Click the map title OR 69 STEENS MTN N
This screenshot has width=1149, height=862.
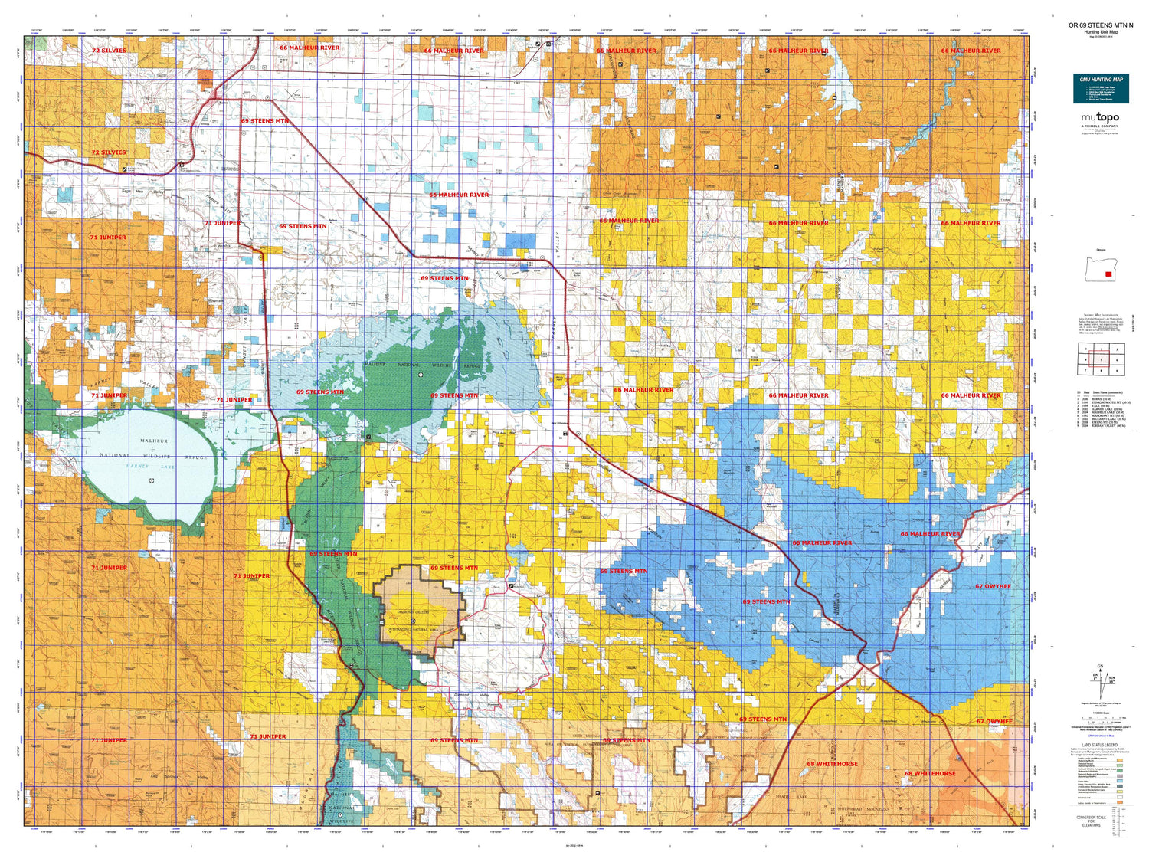(1101, 25)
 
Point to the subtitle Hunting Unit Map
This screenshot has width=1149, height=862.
(1101, 32)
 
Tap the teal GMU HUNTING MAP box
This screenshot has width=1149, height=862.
(1101, 88)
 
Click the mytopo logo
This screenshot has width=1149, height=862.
(1100, 118)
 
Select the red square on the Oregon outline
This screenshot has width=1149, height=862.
(1108, 274)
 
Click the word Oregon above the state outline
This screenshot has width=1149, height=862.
(1101, 250)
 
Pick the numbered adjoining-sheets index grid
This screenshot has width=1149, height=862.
(1101, 359)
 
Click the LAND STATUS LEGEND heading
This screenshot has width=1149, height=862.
(1100, 745)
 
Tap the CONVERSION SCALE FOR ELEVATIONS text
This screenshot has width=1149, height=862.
(1091, 821)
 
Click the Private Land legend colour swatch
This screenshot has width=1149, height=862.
(1121, 797)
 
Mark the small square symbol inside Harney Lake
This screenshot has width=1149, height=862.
(152, 480)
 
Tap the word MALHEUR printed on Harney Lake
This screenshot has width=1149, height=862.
(153, 441)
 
